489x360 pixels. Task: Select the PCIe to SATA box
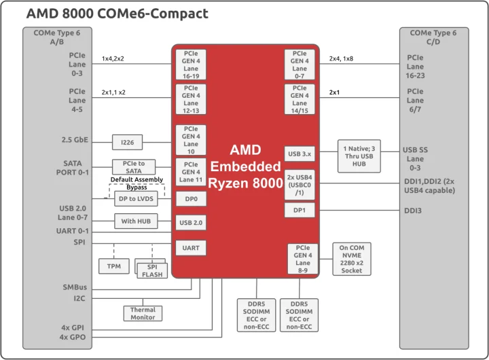click(x=133, y=167)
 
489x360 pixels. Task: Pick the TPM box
click(x=113, y=266)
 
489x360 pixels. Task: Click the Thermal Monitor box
click(x=143, y=313)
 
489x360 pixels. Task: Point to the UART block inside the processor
click(x=191, y=248)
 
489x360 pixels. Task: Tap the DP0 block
click(x=191, y=199)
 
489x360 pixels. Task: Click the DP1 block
click(x=299, y=210)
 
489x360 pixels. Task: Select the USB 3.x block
click(x=299, y=154)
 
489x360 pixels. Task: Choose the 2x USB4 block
click(x=299, y=184)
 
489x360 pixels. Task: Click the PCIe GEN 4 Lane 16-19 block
click(x=191, y=64)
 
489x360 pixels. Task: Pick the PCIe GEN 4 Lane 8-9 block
click(x=303, y=258)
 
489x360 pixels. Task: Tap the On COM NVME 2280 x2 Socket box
click(x=352, y=258)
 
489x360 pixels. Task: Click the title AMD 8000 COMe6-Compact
click(x=117, y=14)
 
